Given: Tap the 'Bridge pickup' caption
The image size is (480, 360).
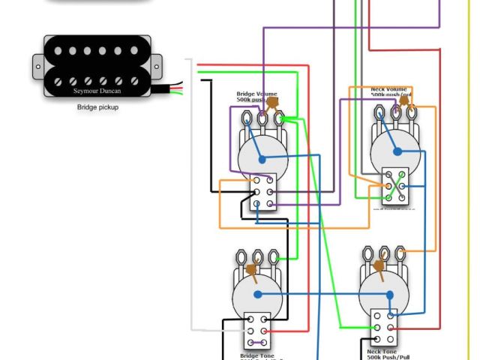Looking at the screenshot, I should pyautogui.click(x=97, y=107).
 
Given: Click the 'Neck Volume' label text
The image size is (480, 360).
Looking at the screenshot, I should pyautogui.click(x=388, y=89).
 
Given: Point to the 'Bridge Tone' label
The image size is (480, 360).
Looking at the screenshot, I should pyautogui.click(x=255, y=355).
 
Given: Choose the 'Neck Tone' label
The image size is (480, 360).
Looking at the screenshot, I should pyautogui.click(x=382, y=350).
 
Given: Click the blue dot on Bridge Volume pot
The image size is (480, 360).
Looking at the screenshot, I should pyautogui.click(x=262, y=159).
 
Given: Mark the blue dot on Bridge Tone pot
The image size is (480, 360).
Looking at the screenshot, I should pyautogui.click(x=256, y=295).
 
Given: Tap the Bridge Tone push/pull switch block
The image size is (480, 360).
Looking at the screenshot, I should pyautogui.click(x=256, y=329).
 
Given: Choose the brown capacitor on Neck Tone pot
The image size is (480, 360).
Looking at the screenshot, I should pyautogui.click(x=381, y=263).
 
